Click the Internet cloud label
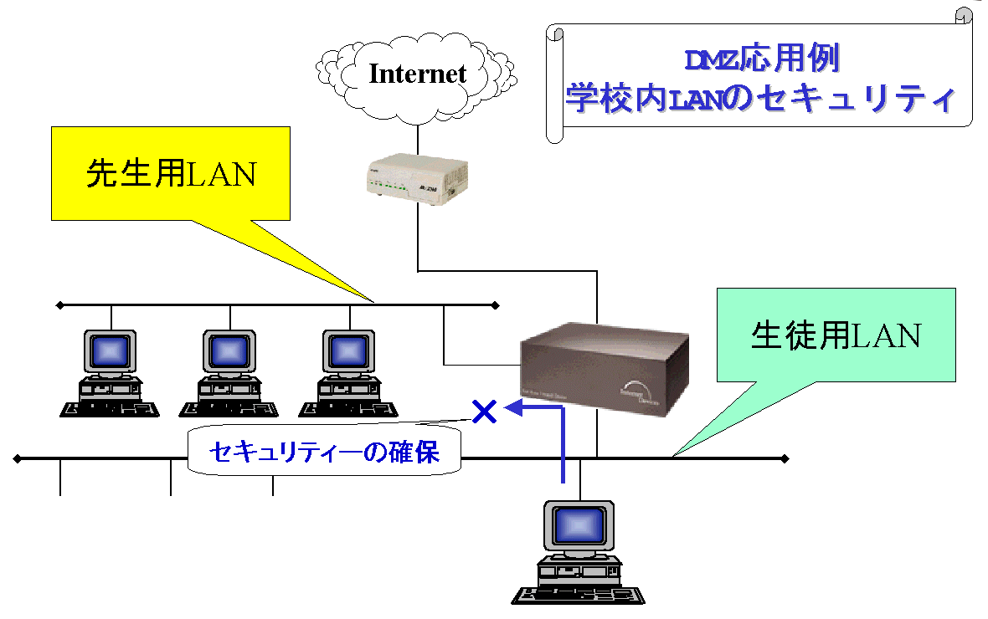417,73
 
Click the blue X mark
484,411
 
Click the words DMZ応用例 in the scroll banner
762,60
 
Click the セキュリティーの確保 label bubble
324,452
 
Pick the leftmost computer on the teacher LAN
110,372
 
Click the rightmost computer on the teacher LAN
348,372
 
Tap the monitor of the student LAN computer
579,525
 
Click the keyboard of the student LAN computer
579,595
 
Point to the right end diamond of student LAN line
785,458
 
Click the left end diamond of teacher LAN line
59,305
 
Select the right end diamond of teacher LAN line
496,305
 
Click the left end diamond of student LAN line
17,458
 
